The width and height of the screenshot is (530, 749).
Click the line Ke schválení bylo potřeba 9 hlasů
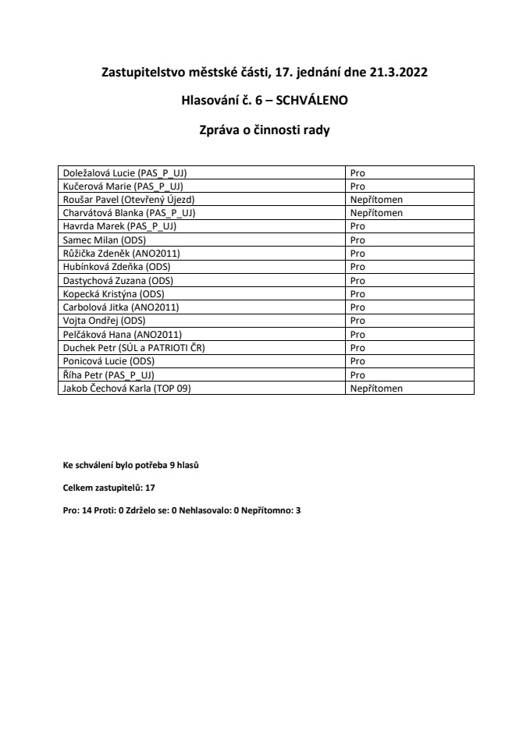135,466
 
